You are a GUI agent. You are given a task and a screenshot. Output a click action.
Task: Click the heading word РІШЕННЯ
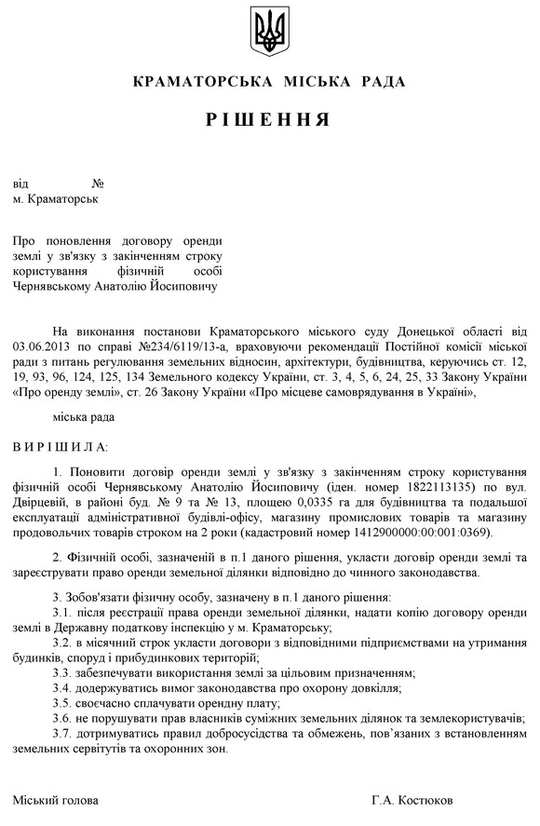point(269,120)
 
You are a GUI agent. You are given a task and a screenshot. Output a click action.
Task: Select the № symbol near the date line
point(98,183)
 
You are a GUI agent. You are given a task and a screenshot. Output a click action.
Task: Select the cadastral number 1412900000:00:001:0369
point(420,532)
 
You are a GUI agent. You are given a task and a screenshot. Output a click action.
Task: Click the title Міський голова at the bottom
point(55,800)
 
